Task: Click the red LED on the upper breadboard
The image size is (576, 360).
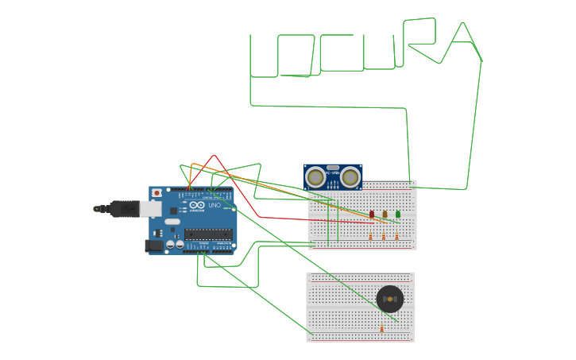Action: tap(372, 215)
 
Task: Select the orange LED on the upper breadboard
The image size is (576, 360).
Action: tap(385, 214)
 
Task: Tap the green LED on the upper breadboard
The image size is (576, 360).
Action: tap(398, 214)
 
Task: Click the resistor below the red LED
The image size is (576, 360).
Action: tap(370, 236)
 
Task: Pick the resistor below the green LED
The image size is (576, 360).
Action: tap(397, 236)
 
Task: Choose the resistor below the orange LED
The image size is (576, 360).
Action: tap(384, 236)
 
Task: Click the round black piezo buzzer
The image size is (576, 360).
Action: tap(389, 299)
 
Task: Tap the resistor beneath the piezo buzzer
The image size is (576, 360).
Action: tap(381, 327)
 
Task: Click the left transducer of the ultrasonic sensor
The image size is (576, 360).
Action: tap(316, 178)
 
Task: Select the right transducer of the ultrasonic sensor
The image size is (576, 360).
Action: tap(350, 178)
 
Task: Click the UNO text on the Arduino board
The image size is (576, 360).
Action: tap(214, 206)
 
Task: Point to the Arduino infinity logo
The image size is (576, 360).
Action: tap(196, 205)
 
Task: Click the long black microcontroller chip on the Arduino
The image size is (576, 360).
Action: tap(208, 234)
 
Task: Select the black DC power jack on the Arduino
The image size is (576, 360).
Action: tap(153, 246)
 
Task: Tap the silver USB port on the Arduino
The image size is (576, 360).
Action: tap(150, 208)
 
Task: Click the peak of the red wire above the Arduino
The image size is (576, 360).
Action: tap(215, 156)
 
